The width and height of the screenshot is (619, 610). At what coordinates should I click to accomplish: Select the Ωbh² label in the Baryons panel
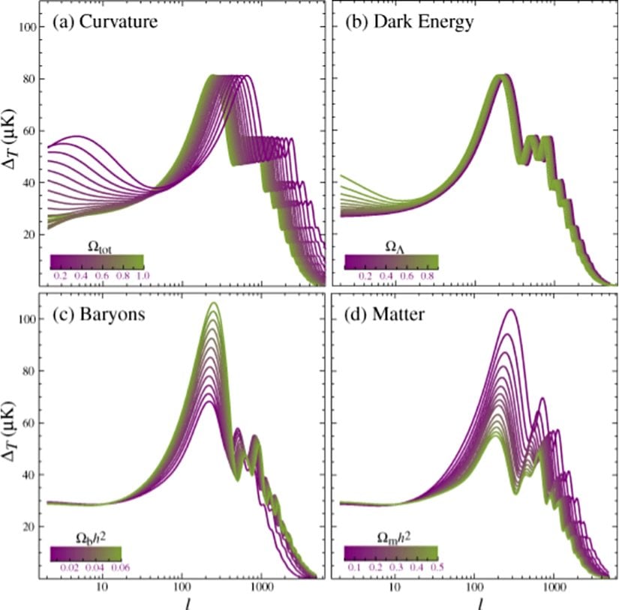pyautogui.click(x=91, y=537)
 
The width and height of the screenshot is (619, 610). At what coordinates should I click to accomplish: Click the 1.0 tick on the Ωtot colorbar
pyautogui.click(x=143, y=276)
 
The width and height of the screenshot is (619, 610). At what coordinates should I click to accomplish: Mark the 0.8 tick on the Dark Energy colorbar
pyautogui.click(x=430, y=276)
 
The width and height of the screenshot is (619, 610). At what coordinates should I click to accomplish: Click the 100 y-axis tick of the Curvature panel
pyautogui.click(x=29, y=28)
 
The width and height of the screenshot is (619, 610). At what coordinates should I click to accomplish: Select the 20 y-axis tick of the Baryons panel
pyautogui.click(x=29, y=527)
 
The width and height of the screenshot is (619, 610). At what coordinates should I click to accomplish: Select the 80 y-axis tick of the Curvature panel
pyautogui.click(x=29, y=79)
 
